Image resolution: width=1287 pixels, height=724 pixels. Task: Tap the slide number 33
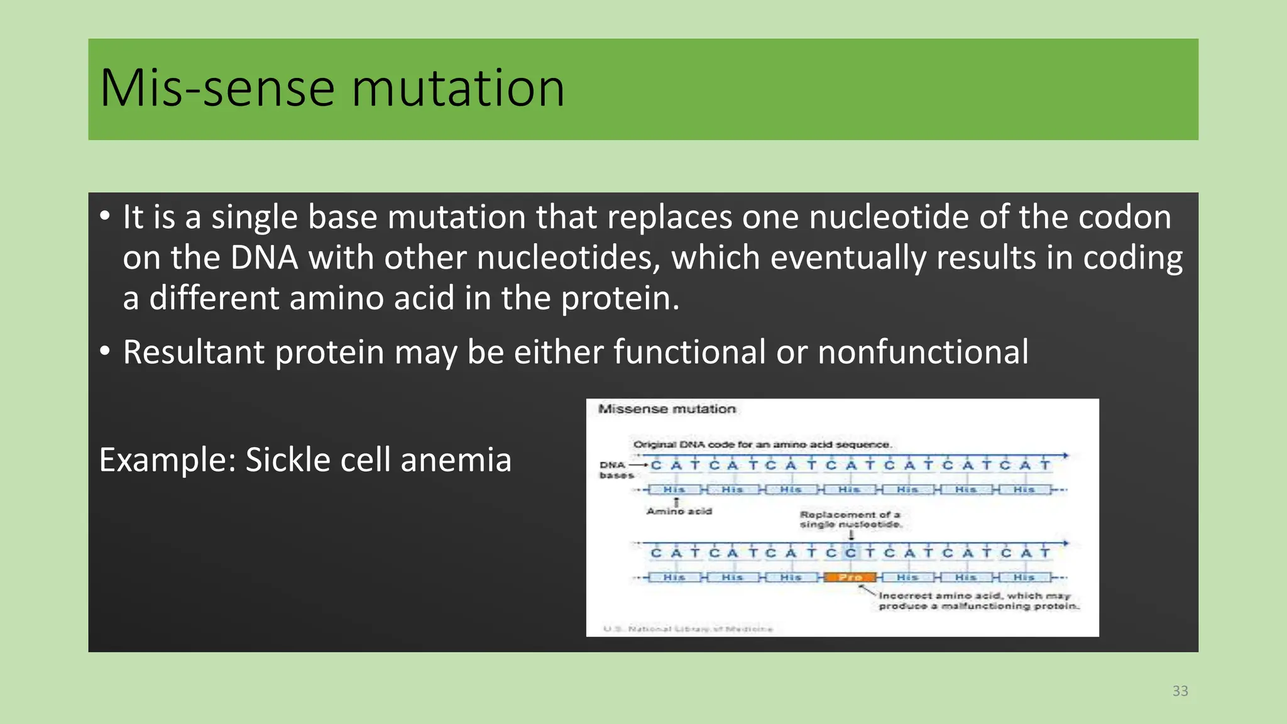point(1180,691)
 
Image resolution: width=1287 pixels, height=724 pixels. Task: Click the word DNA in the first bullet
point(264,258)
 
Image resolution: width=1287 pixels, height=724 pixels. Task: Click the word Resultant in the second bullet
point(193,352)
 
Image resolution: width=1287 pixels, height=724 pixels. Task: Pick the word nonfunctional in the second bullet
point(923,352)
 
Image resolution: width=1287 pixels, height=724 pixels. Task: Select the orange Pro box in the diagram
point(850,577)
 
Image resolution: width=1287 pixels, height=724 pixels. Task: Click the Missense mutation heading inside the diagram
point(667,409)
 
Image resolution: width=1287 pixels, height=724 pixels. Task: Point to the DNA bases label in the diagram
point(615,470)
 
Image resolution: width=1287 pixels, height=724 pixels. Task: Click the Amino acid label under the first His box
point(679,512)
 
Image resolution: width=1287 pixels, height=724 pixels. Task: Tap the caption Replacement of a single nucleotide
point(850,519)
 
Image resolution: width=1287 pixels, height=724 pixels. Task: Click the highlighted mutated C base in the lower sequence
point(850,553)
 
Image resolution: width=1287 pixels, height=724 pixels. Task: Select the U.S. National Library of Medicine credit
point(687,628)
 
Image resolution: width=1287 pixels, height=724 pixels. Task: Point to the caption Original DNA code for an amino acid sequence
point(762,444)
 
